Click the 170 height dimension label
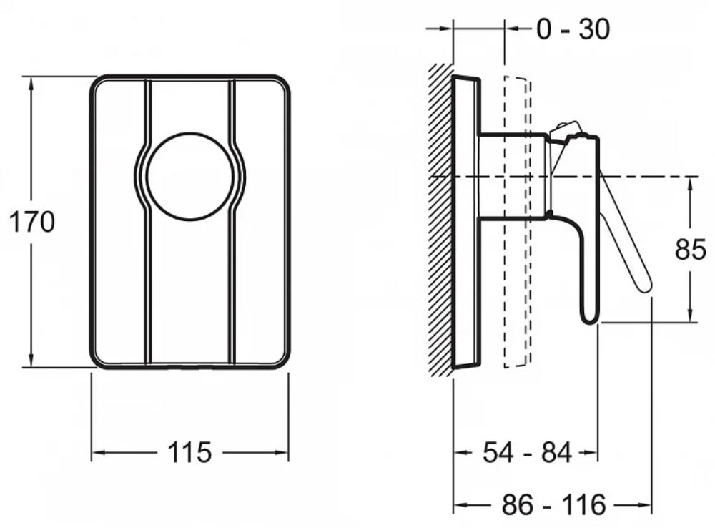point(32,223)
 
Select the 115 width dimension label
point(189,452)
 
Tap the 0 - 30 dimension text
point(573,29)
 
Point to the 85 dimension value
point(691,250)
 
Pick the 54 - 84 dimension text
point(527,453)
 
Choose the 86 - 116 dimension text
point(553,504)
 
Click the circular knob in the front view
point(190,177)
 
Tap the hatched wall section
point(440,220)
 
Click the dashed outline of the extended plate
point(517,222)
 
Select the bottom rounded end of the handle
point(588,317)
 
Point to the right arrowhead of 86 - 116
point(644,505)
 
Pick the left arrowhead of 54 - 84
point(461,453)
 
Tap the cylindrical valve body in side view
point(514,176)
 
